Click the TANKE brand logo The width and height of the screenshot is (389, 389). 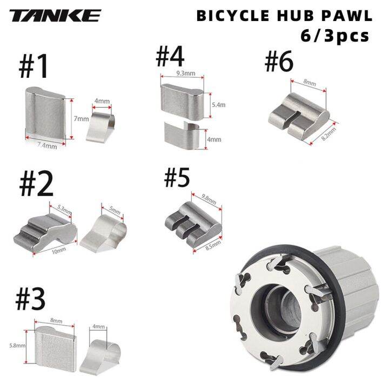pos(55,16)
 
